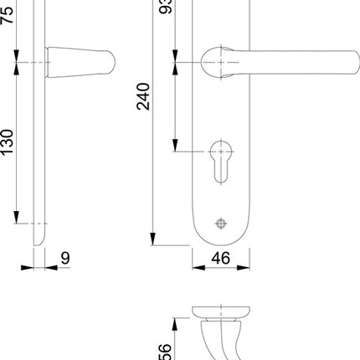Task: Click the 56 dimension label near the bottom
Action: tap(165, 352)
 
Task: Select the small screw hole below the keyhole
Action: tap(221, 223)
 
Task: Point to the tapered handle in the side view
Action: tap(80, 62)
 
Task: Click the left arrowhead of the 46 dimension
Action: tap(197, 269)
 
